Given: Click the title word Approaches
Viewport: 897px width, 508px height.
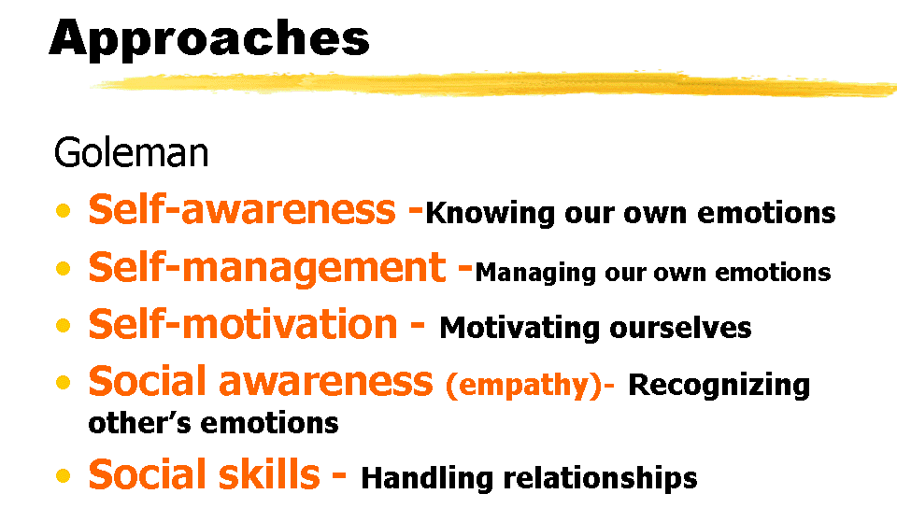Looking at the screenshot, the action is (209, 39).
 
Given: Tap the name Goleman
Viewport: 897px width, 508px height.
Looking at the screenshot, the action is (131, 152).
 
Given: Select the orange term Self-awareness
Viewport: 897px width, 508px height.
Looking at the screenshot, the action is (242, 208).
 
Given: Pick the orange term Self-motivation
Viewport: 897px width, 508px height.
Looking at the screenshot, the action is (243, 324).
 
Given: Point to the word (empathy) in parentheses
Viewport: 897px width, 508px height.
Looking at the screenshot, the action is (524, 385).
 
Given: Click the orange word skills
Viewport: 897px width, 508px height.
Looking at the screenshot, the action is (269, 474).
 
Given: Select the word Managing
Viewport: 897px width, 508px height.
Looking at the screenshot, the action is (536, 273).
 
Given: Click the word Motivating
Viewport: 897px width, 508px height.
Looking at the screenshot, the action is (520, 329).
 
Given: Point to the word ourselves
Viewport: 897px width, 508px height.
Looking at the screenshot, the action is (680, 329).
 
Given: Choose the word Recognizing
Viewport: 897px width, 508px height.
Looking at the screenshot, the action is (719, 385).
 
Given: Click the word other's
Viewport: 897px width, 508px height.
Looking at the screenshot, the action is (139, 423).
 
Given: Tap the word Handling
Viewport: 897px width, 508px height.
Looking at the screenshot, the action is (427, 478).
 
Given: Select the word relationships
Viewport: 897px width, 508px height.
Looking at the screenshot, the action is (600, 478).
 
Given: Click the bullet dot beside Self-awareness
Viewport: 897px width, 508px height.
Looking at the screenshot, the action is (63, 210).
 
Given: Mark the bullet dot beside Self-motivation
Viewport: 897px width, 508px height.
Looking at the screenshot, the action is (63, 326).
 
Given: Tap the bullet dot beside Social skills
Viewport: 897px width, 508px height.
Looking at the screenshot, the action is (63, 475).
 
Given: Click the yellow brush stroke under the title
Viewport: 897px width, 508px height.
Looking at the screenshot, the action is (493, 84).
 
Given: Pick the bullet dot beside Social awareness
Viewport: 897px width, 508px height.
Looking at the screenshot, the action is (63, 382).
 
